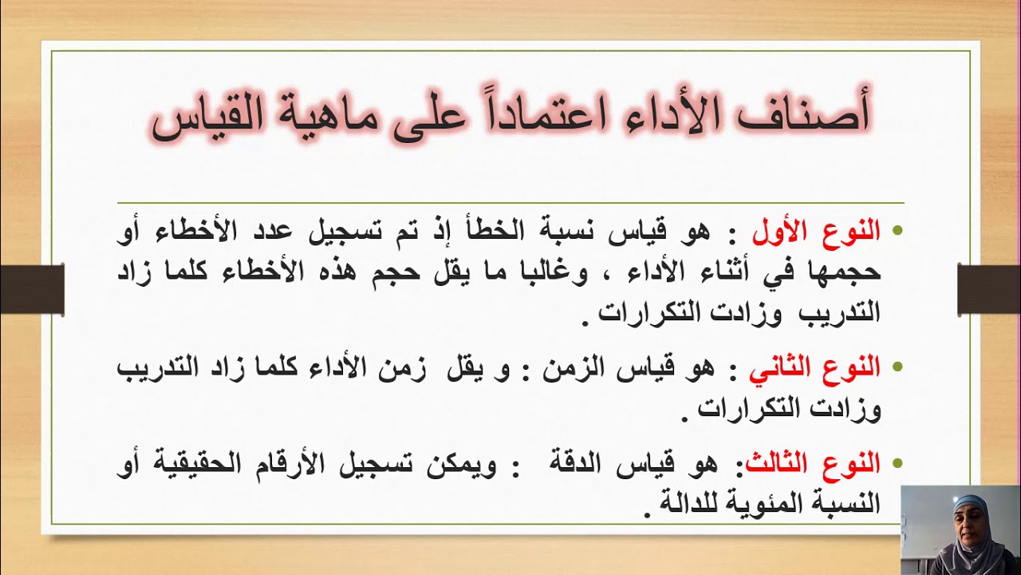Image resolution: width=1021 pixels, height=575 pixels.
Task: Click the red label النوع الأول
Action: tap(816, 232)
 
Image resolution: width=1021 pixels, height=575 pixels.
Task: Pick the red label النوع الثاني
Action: tap(814, 368)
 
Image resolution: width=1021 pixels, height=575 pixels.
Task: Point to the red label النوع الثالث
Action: tap(812, 462)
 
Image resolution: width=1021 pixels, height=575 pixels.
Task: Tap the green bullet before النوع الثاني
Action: tap(897, 368)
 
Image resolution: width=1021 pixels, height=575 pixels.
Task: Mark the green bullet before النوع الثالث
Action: tap(897, 463)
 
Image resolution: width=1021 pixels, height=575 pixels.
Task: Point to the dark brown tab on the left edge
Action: tap(32, 288)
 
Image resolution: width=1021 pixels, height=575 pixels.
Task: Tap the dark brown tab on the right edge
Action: tap(988, 288)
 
